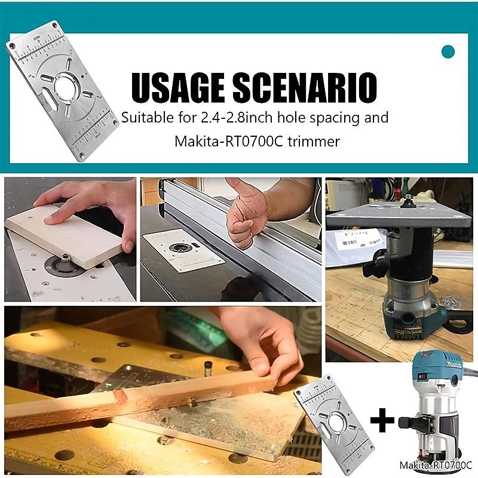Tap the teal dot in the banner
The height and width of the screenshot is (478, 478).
448,51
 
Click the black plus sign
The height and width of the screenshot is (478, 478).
382,421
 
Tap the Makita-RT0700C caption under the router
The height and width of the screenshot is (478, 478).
436,464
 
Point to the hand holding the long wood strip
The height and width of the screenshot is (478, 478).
263,341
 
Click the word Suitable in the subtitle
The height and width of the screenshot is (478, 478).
145,117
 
